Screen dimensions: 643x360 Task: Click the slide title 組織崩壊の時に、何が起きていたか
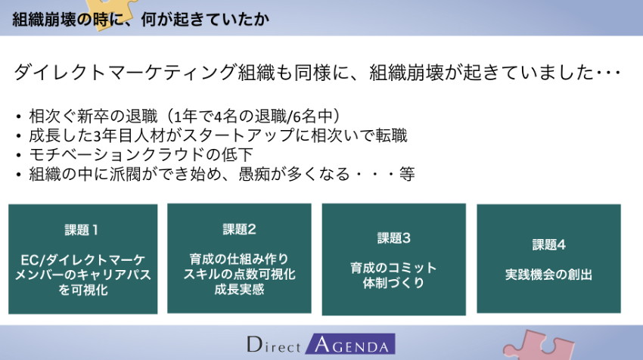[141, 19]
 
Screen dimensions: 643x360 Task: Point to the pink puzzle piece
[538, 345]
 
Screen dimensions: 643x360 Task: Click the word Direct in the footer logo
[274, 345]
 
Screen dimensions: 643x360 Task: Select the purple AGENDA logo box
[350, 343]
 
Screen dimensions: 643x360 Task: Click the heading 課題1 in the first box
[82, 230]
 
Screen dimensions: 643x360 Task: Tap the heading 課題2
[240, 229]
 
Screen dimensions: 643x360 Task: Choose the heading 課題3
[393, 237]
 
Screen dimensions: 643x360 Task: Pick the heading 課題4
[548, 245]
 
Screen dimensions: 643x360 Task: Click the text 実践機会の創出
[548, 275]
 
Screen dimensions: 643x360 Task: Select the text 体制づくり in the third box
[393, 283]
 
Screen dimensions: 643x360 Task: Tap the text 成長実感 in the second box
[240, 290]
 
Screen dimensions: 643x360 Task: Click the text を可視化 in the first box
[83, 290]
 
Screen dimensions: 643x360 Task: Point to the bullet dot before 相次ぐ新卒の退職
[18, 117]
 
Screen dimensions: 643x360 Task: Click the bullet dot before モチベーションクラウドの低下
[18, 156]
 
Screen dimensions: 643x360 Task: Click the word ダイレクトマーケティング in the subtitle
[126, 72]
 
